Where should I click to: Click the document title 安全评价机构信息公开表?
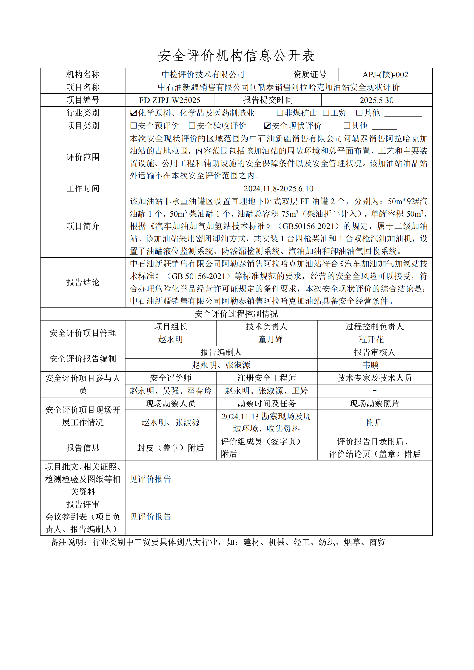click(236, 56)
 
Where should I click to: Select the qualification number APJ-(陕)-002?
click(385, 75)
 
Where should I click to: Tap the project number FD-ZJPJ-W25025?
click(170, 100)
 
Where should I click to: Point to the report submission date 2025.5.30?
click(376, 100)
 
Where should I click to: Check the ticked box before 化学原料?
click(133, 113)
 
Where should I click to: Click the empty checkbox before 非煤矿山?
click(280, 113)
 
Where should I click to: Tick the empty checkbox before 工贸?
click(326, 113)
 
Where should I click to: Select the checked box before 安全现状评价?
click(267, 126)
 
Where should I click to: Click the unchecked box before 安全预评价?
click(133, 126)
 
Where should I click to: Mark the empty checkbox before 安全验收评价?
click(192, 126)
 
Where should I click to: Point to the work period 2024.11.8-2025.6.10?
click(278, 189)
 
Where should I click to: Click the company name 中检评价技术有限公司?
click(203, 75)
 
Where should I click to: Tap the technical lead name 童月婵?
click(270, 340)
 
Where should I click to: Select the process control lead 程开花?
click(371, 340)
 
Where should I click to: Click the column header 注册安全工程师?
click(266, 378)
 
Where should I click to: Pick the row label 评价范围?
click(83, 157)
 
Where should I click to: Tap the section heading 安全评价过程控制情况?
click(236, 314)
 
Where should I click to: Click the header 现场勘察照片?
click(374, 404)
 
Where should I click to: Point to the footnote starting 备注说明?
click(218, 542)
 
